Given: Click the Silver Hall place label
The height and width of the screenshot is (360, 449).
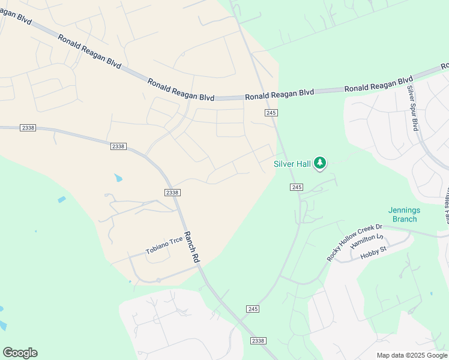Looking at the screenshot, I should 292,163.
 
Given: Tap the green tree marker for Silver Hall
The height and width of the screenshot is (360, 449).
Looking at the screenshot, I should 321,163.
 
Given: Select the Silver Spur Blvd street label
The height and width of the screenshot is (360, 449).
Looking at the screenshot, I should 412,108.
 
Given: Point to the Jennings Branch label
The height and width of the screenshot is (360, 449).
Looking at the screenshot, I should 404,215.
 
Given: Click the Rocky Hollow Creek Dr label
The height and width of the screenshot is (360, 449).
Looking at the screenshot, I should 354,242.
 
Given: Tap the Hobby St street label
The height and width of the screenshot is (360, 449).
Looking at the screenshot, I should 372,254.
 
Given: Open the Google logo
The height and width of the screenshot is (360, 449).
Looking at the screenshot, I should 20,353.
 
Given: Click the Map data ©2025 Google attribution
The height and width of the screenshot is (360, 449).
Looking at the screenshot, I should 412,355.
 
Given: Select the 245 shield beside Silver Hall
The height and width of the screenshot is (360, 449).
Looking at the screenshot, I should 297,187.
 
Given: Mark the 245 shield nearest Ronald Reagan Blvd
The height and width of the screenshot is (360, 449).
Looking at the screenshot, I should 271,113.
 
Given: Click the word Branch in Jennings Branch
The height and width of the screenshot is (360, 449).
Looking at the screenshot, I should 404,219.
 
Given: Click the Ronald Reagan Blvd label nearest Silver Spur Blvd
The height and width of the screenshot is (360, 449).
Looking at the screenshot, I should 378,85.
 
